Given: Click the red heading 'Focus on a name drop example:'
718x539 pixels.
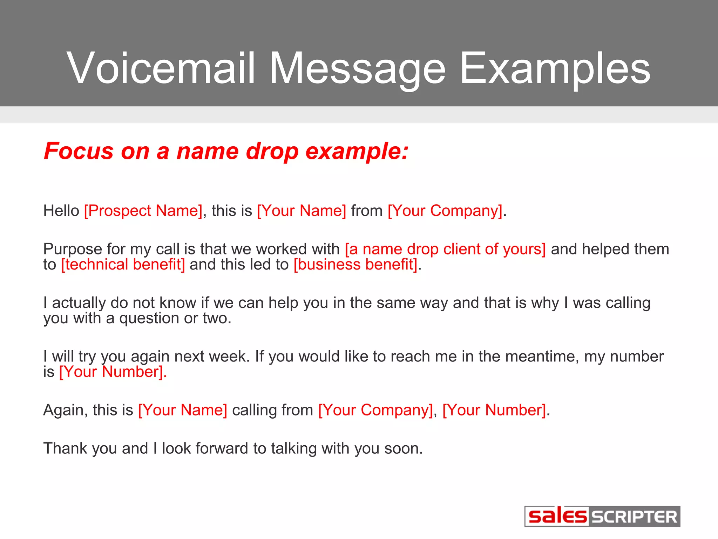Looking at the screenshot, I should (226, 151).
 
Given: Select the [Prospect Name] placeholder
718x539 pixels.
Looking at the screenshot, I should (143, 211).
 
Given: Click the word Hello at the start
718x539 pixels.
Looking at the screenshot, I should (61, 211).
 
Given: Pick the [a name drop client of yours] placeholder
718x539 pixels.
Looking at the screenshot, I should (445, 249).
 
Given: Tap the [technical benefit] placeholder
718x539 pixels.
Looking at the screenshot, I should (123, 265).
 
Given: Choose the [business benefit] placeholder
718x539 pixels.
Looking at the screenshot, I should (355, 265).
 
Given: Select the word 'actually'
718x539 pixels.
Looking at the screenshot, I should (79, 303).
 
